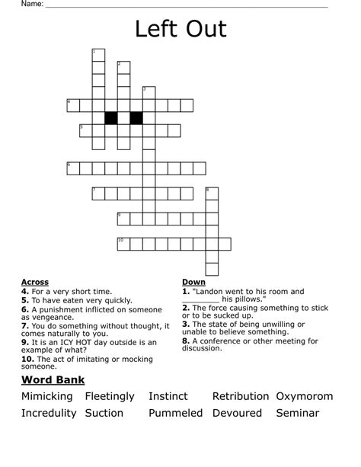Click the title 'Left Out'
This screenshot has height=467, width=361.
pos(180,29)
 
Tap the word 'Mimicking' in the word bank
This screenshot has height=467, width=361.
pos(47,396)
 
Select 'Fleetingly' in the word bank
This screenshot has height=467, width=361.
pos(110,396)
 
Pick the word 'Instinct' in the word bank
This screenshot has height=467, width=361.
pos(168,396)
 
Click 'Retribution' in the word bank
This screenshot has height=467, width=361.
pos(240,396)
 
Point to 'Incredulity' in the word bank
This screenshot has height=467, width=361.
pos(50,413)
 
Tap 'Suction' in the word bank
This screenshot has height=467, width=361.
pos(104,413)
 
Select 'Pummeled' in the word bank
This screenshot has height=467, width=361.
pos(175,413)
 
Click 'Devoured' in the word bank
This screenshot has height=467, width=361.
pos(236,413)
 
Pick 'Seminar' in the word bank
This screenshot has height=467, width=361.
pos(297,413)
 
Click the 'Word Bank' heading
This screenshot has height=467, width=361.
pos(53,379)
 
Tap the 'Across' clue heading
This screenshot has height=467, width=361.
pos(35,282)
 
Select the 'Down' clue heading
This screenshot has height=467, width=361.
pos(193,282)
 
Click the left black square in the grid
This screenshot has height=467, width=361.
pos(110,117)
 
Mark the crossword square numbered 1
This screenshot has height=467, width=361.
pos(97,55)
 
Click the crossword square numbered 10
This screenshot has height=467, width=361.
pos(123,244)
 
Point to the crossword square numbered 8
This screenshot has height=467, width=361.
pos(211,194)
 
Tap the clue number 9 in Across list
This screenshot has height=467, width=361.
pos(24,342)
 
